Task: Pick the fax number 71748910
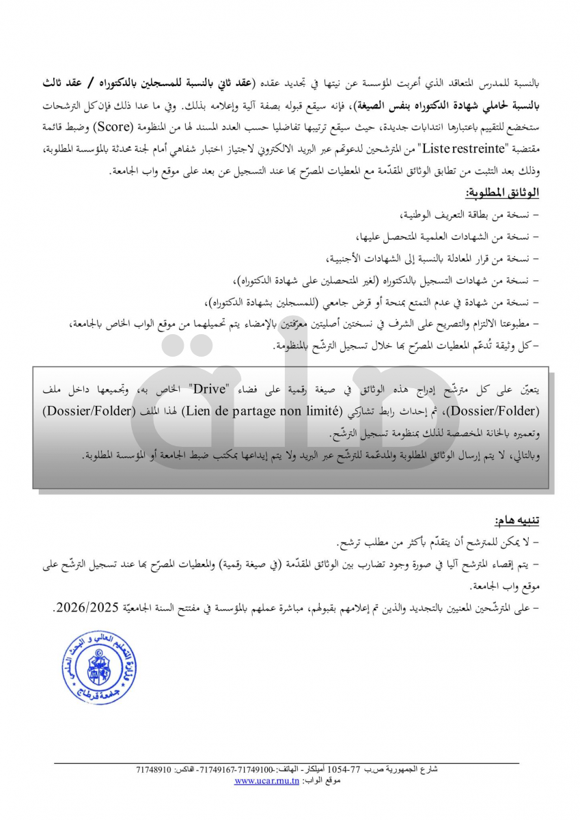point(154,770)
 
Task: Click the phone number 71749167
point(220,770)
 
